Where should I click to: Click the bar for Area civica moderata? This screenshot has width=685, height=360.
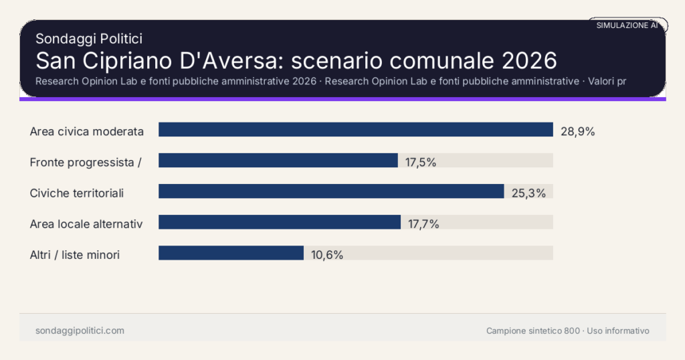pos(355,130)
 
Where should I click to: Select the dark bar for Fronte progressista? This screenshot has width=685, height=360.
pos(278,161)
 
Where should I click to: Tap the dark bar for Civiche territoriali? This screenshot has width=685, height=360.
pos(330,191)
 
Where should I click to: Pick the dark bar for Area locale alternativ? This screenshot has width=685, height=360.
pos(279,222)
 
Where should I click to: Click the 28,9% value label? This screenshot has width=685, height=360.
pos(577,132)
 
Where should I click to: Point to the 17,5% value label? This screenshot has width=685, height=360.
pos(421,163)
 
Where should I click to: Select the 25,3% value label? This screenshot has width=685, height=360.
pos(528,193)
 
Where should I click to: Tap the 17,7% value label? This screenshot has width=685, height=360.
pos(423,224)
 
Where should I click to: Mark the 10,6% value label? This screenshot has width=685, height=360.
pos(327,255)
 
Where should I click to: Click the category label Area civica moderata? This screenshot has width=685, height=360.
pos(87,132)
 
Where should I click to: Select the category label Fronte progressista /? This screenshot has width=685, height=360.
pos(86,163)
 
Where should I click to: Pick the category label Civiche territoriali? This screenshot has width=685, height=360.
pos(77,193)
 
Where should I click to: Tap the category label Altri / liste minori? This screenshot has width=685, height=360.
pos(75,255)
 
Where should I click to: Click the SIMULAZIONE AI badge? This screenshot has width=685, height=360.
pos(627,25)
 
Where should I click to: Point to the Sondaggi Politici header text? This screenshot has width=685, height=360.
pos(89,39)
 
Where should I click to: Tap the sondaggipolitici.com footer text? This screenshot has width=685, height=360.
pos(80,331)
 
